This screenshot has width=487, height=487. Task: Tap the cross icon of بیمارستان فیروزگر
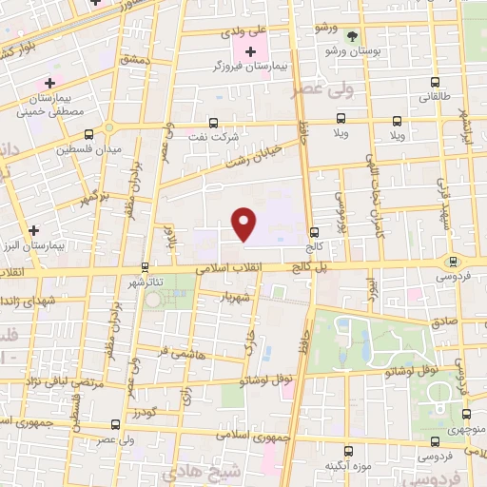[251, 51]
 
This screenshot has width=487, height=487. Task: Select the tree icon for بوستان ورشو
[353, 36]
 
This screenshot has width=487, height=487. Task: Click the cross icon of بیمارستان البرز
[34, 230]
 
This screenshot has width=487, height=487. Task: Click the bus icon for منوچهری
[466, 414]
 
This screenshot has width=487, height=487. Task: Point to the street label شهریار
[235, 297]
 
